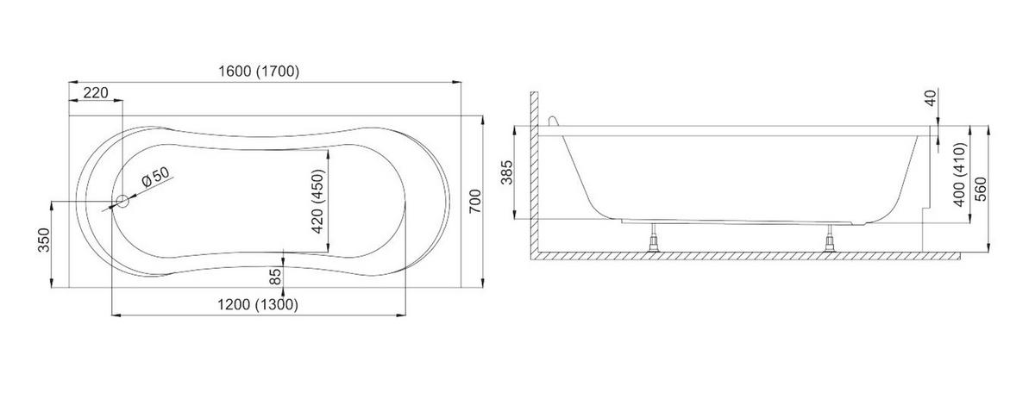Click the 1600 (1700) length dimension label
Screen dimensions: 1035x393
(259, 72)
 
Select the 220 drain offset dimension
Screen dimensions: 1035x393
(96, 93)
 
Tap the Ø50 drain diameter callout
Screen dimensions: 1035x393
(156, 177)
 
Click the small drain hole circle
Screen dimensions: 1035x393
(122, 201)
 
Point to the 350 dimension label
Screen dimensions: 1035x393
(44, 240)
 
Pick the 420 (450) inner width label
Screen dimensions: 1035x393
(318, 202)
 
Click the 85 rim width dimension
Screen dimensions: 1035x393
(275, 277)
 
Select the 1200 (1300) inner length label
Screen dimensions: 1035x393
(258, 305)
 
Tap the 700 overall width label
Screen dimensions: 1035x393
(475, 202)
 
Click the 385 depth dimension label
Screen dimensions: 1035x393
(507, 172)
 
